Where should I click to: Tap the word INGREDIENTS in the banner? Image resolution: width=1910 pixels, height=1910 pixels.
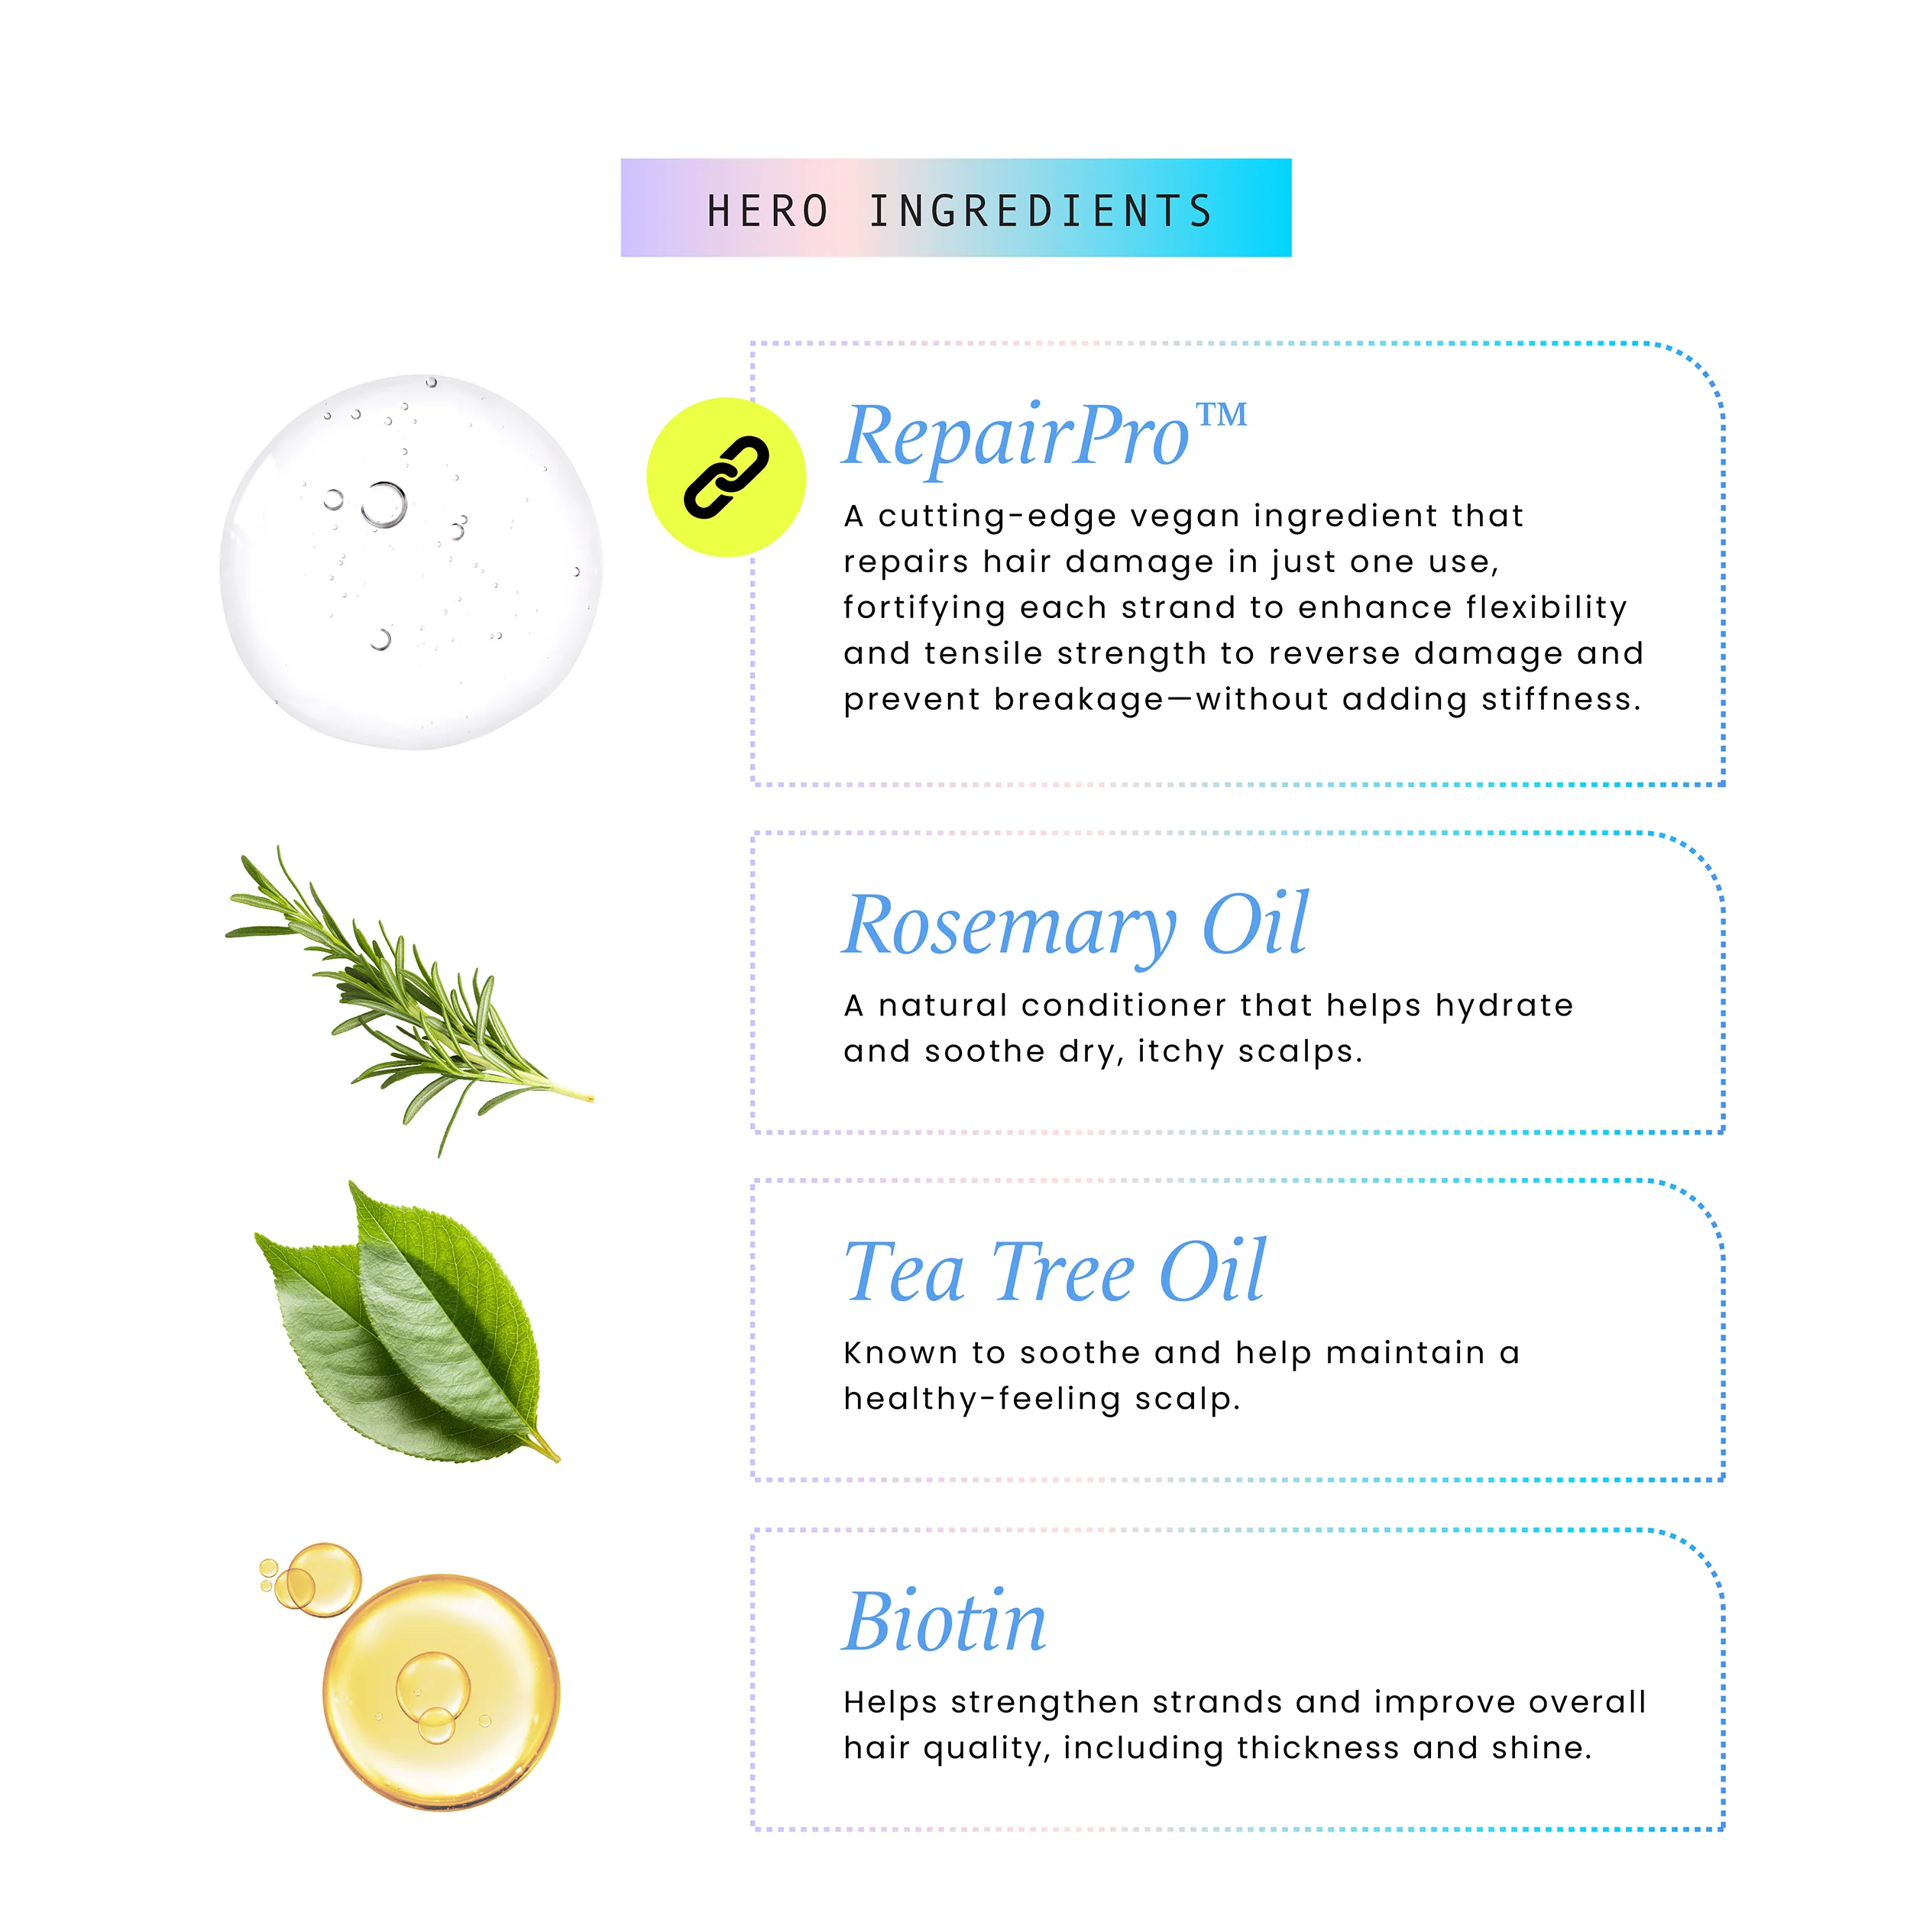click(1041, 212)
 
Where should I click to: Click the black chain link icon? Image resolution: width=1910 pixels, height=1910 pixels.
click(727, 477)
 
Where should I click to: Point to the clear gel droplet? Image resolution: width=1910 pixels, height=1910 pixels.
click(410, 562)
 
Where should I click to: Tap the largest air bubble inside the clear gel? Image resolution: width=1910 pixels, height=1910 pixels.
click(384, 504)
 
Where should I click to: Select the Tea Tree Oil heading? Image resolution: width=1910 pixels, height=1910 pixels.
click(1055, 1271)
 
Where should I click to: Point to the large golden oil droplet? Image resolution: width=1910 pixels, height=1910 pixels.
click(441, 1691)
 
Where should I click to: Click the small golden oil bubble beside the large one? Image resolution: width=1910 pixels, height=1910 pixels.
click(323, 1579)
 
